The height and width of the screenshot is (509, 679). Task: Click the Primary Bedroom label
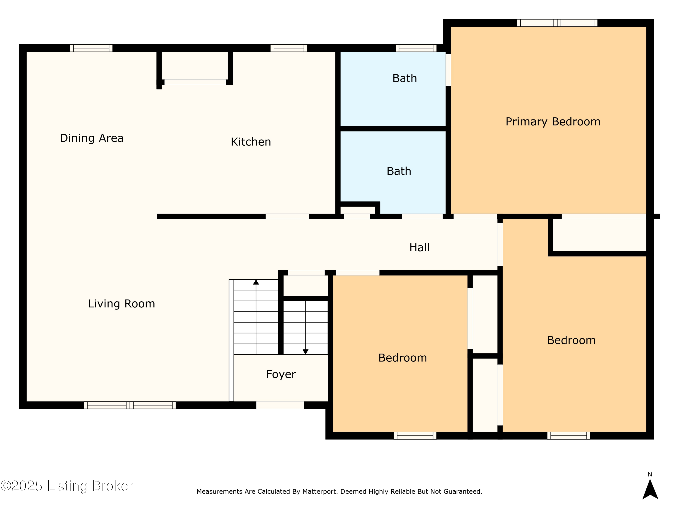(553, 122)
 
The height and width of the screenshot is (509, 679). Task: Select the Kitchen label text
(251, 142)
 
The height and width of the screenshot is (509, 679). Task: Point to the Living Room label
(122, 304)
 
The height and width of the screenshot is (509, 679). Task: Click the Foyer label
(281, 374)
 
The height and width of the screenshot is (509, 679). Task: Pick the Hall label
(419, 247)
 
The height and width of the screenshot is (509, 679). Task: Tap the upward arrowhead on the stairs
(256, 282)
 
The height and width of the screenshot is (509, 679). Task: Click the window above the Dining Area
(91, 48)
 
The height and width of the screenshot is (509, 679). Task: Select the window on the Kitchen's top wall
(289, 48)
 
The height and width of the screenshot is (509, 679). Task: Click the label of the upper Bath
(405, 78)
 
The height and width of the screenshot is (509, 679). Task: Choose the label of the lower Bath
(399, 171)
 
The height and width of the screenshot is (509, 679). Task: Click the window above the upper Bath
(416, 48)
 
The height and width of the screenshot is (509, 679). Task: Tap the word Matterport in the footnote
(319, 492)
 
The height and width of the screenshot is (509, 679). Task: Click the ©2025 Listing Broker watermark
(67, 486)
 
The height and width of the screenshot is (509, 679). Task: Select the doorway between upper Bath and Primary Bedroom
(448, 70)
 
